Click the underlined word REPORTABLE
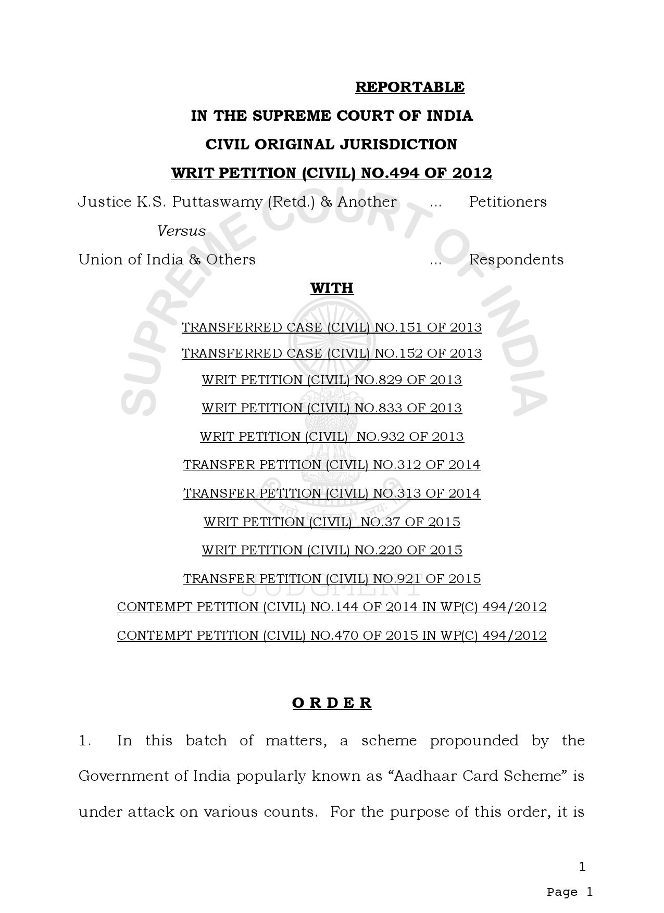tap(409, 87)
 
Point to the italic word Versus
tap(181, 231)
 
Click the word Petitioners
tap(507, 202)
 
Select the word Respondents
tap(516, 260)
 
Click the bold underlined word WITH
tap(332, 288)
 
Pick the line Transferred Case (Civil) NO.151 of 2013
tap(332, 327)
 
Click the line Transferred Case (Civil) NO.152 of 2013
tap(332, 353)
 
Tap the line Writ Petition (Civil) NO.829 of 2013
tap(332, 380)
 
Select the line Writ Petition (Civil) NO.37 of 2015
tap(332, 522)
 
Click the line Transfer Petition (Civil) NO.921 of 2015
tap(332, 579)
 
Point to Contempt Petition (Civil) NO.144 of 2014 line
tap(332, 607)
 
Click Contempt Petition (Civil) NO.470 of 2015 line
tap(332, 636)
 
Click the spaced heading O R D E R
tap(332, 703)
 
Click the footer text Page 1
tap(569, 892)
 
